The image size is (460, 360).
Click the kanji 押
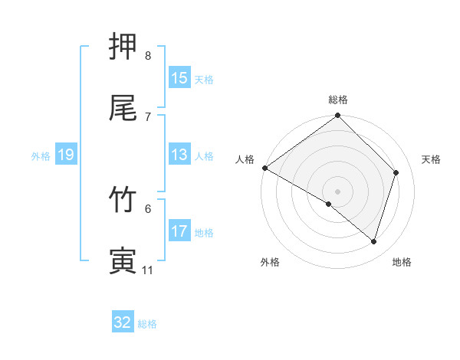(x=123, y=46)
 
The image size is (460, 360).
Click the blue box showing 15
(x=179, y=78)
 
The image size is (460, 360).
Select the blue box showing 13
(x=179, y=155)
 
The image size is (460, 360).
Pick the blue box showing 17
(x=179, y=231)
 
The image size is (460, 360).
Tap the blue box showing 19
(x=65, y=155)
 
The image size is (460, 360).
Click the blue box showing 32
(x=123, y=322)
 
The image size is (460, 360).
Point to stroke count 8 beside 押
(x=148, y=55)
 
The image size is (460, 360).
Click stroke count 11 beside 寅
(x=148, y=270)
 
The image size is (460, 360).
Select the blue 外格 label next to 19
(x=41, y=156)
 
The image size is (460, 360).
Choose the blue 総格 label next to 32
(x=147, y=324)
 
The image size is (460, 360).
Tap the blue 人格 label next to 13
(x=204, y=156)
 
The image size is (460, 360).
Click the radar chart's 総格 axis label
(x=338, y=100)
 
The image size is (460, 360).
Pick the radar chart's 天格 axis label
(x=432, y=159)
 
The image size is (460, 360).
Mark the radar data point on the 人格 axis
(x=264, y=168)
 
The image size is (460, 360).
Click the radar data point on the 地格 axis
(x=374, y=242)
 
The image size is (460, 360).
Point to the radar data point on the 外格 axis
(x=329, y=204)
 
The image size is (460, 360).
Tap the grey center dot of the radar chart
(x=338, y=191)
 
